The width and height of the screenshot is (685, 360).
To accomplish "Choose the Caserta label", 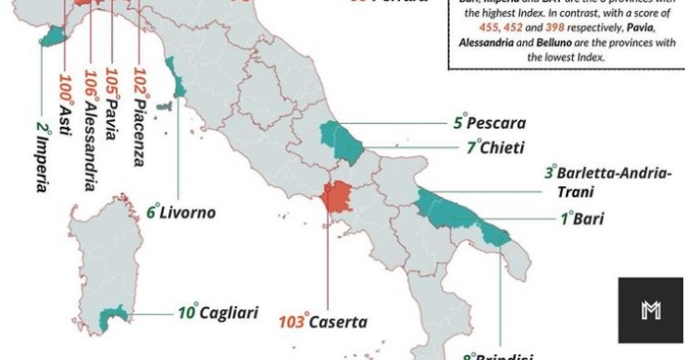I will [x=338, y=323].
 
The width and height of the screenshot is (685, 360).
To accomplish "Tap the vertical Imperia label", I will [x=43, y=157].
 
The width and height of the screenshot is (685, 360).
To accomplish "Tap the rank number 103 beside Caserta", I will [x=293, y=323].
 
